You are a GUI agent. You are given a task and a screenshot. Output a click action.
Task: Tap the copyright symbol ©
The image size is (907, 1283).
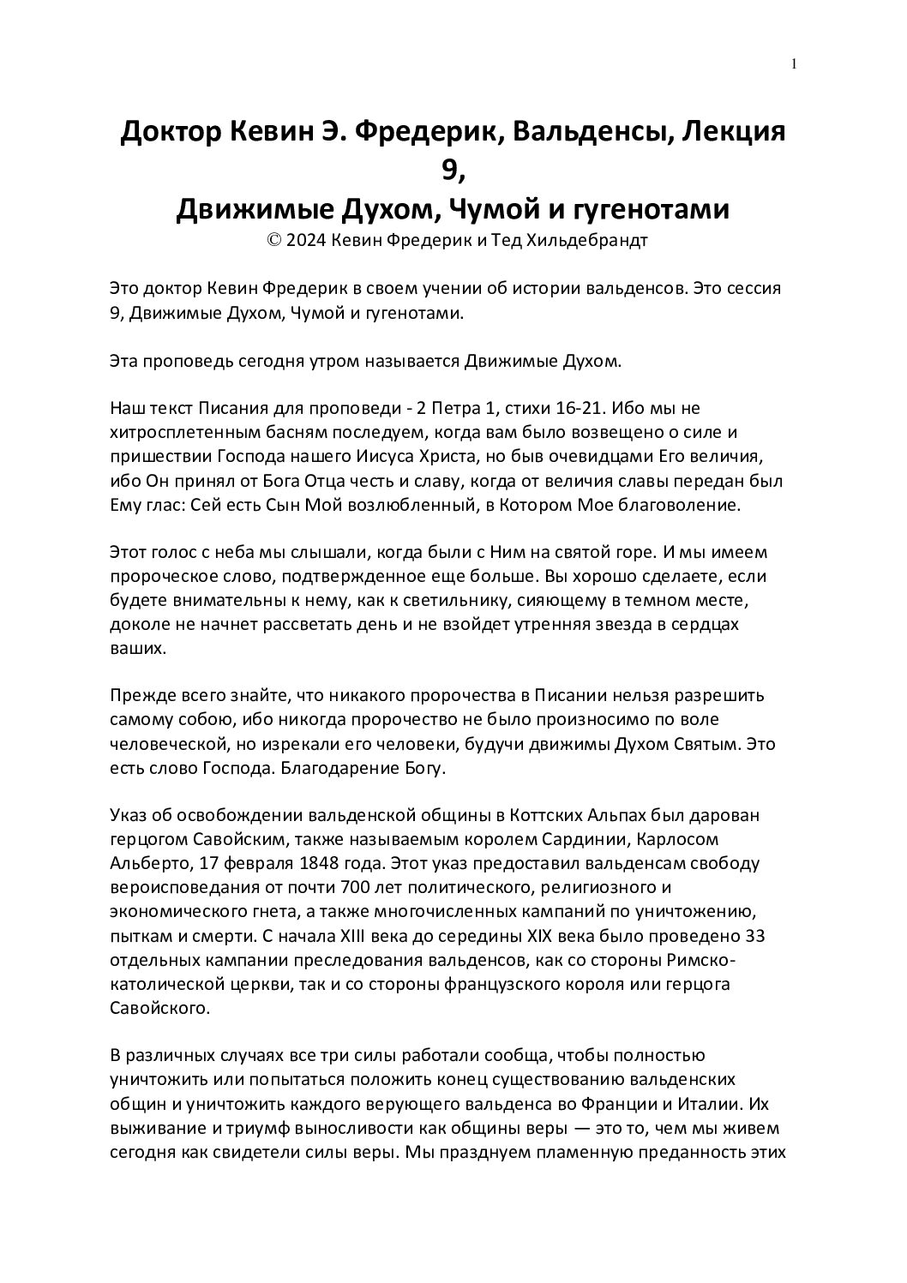[x=274, y=240]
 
